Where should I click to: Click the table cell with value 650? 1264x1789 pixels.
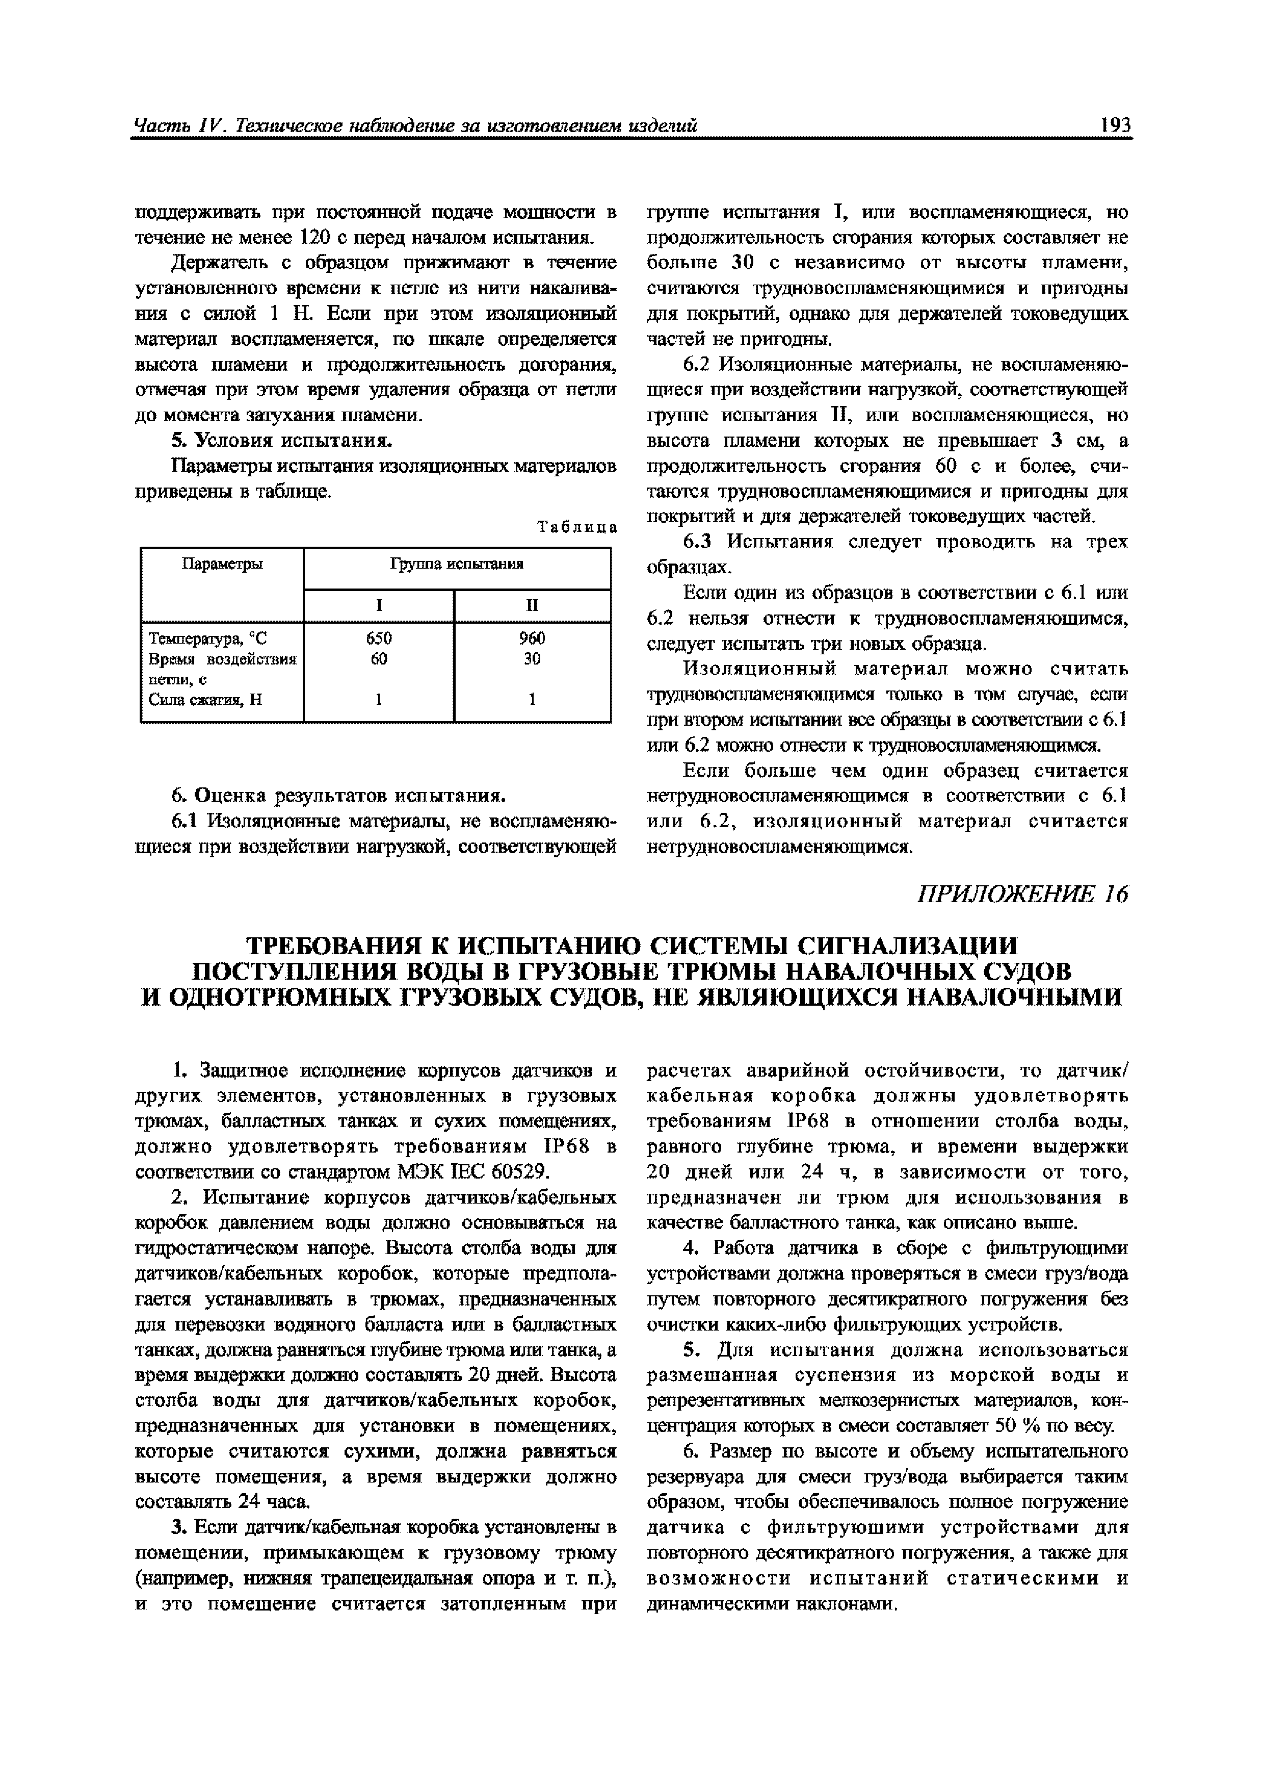pos(379,638)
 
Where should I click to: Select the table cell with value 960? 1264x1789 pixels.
pos(532,638)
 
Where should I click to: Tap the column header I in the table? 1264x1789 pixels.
pos(379,605)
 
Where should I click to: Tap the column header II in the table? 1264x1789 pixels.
pos(532,605)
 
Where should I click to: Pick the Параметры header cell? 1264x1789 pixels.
pos(222,564)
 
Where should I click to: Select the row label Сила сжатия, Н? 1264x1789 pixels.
pos(205,700)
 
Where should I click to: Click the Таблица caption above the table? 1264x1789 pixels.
pos(577,527)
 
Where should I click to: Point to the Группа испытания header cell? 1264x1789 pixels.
pos(456,564)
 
